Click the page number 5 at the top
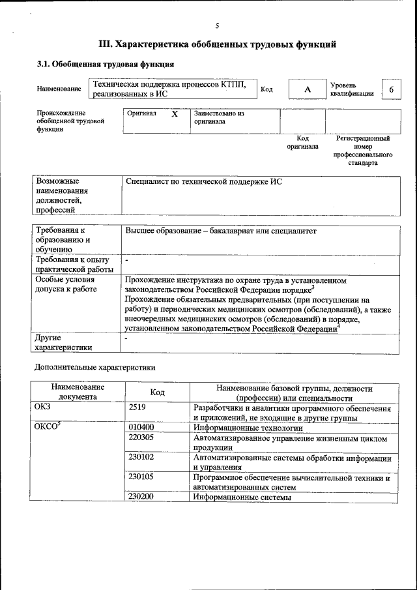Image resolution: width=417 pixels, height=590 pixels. coord(217,25)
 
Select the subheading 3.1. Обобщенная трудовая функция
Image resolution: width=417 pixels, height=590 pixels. coord(104,65)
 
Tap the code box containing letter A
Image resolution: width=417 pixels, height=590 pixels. coord(307,89)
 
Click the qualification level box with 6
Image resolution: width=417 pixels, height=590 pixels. coord(391,89)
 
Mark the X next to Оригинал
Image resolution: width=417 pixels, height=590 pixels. coord(174,113)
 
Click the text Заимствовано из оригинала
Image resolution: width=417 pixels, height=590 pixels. coord(218,117)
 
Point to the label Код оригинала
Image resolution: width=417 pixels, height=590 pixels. coord(302,142)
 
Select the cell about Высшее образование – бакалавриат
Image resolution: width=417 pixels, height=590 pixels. coord(220,231)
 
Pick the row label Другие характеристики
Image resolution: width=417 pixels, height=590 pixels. coord(64,343)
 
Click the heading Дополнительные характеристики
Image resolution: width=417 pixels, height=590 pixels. coord(94,367)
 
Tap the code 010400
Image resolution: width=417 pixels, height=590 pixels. coord(141,428)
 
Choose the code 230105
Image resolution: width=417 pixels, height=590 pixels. coord(141,477)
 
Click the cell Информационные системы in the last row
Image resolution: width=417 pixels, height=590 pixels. coord(241,497)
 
